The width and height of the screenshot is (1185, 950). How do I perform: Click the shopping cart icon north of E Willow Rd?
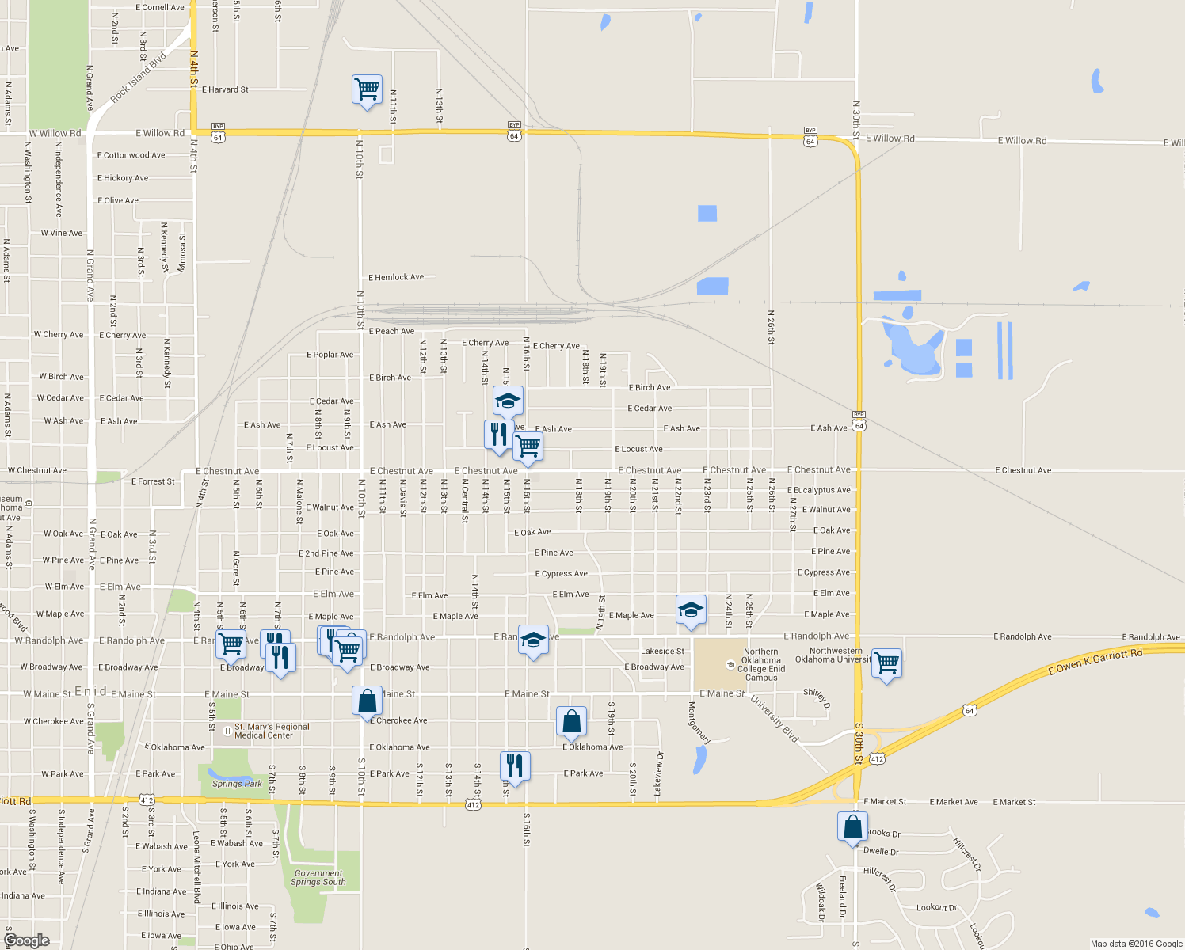[x=367, y=89]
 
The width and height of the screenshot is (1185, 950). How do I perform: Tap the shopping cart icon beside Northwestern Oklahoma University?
[x=887, y=663]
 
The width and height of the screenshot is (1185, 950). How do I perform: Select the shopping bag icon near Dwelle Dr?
[x=852, y=826]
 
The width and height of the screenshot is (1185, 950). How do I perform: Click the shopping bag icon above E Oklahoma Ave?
[x=571, y=721]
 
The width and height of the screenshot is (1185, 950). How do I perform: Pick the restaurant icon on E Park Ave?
[x=515, y=766]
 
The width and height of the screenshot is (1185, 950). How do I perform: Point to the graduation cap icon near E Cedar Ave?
[x=508, y=401]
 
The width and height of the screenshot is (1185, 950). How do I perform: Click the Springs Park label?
[x=237, y=784]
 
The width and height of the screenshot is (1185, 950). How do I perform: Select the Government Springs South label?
[x=318, y=877]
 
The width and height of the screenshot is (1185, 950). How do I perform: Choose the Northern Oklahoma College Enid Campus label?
[x=760, y=665]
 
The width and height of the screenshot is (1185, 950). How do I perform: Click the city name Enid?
[x=90, y=691]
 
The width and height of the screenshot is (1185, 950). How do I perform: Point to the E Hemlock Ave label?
[x=396, y=277]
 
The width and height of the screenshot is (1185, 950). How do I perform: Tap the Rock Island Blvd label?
[x=139, y=78]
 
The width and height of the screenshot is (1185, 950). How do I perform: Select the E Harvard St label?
[x=225, y=89]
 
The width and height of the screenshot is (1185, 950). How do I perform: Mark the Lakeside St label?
[x=662, y=652]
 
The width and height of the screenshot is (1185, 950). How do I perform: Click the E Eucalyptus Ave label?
[x=818, y=490]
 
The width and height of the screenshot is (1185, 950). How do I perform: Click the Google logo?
[x=26, y=940]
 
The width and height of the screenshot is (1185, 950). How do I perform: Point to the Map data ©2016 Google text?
[x=1136, y=944]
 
